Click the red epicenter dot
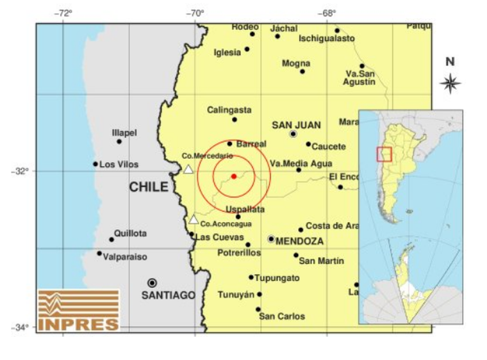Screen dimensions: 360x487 [x=234, y=176]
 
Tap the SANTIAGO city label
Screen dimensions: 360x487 [x=169, y=295]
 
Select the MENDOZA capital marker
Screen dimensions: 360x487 [x=271, y=239]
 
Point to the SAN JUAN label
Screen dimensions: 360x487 [x=296, y=125]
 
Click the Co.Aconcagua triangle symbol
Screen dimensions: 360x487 [x=194, y=219]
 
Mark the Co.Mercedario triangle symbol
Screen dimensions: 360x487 [x=188, y=169]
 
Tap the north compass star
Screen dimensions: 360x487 [x=450, y=83]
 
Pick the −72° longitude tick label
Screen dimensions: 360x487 [x=63, y=13]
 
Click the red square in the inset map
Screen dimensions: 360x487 [x=384, y=154]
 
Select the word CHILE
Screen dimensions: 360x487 [x=149, y=187]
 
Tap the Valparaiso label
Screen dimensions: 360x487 [x=126, y=257]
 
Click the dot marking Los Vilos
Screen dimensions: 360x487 [x=95, y=164]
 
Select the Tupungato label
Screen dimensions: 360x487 [x=277, y=278]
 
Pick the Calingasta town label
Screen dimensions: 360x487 [x=229, y=110]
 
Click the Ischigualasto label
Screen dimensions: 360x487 [x=326, y=38]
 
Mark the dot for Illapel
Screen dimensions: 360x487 [x=119, y=142]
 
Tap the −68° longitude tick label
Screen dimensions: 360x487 [x=327, y=13]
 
